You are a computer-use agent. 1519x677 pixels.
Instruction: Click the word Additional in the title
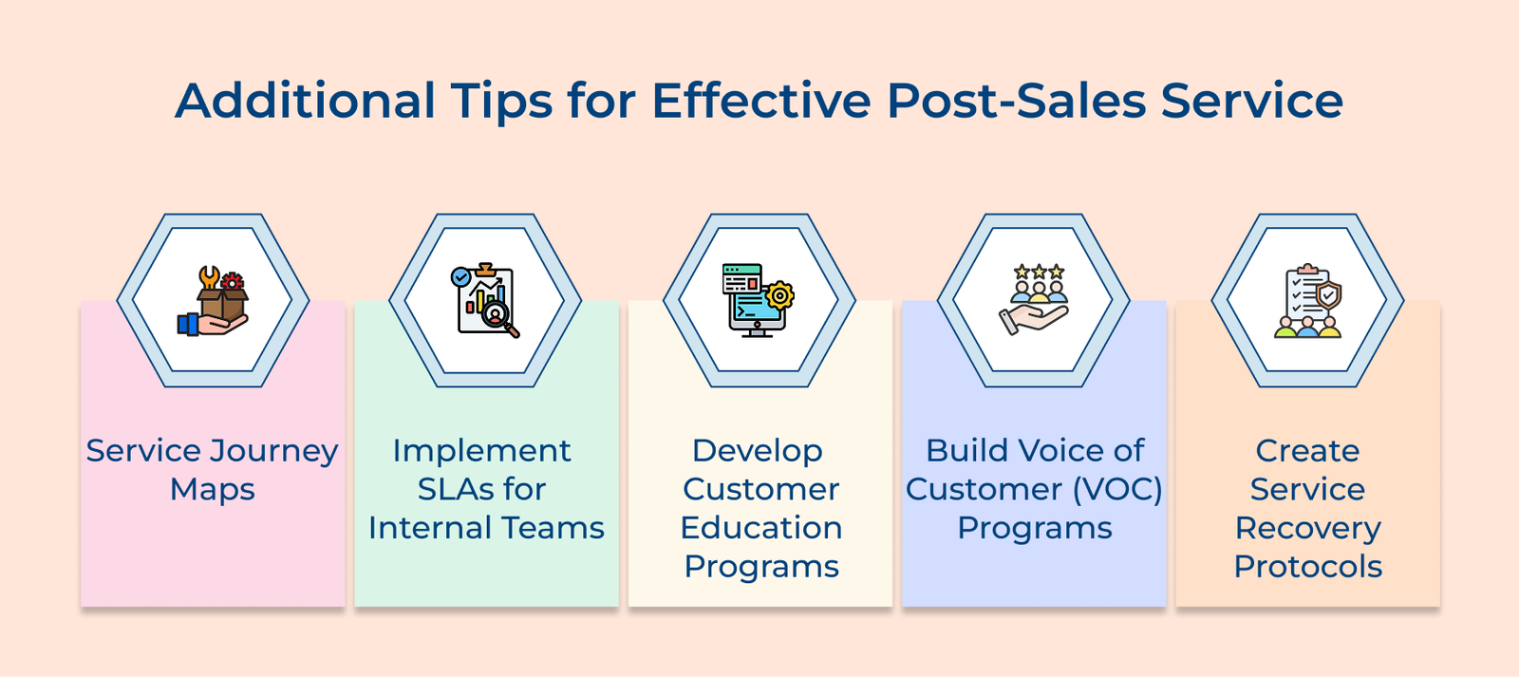pos(305,101)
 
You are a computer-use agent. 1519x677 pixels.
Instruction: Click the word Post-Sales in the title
pos(1016,101)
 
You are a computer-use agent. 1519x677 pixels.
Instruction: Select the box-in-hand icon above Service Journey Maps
pos(214,302)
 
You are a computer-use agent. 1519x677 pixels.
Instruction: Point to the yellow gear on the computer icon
pos(780,295)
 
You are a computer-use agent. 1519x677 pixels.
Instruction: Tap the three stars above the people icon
pos(1039,272)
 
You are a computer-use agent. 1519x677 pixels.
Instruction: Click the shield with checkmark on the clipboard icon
pos(1328,295)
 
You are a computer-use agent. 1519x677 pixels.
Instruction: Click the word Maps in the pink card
pos(213,489)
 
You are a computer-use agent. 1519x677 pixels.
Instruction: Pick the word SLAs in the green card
pos(455,489)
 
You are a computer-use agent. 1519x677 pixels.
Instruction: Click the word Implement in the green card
pos(481,450)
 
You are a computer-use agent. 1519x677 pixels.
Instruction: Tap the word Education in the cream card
pos(761,528)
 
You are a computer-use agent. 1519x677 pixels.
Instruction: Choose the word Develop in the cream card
pos(757,450)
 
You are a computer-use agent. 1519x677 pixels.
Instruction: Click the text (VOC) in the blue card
pos(1117,489)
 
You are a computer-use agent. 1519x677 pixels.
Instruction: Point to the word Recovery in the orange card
pos(1307,528)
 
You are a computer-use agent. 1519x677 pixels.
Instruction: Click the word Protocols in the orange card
pos(1307,567)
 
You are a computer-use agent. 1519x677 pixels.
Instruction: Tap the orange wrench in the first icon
pos(208,278)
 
